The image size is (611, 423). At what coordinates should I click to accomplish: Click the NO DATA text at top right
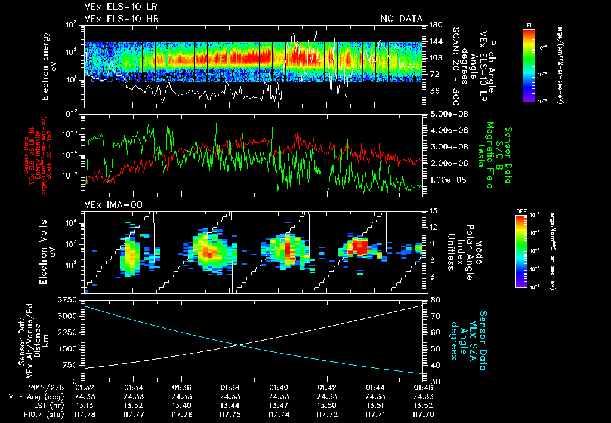(402, 19)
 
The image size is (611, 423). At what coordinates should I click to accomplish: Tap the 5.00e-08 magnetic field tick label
(443, 114)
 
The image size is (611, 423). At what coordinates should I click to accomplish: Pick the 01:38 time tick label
(230, 387)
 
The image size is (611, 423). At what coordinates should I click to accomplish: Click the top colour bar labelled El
(529, 65)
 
